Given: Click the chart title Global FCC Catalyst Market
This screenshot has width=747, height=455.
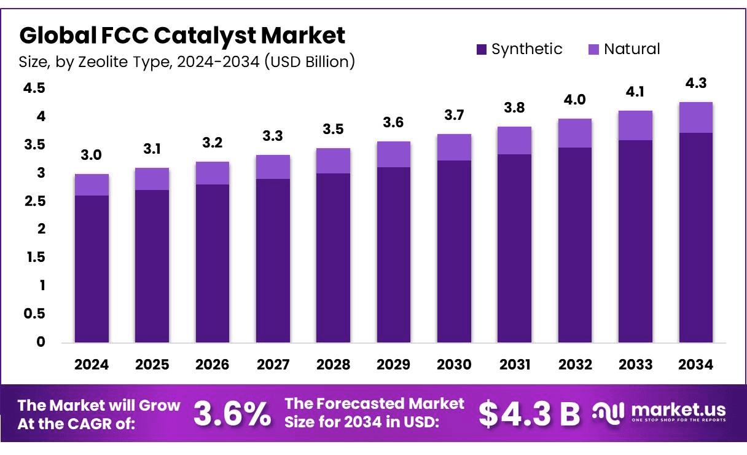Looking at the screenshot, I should (x=182, y=36).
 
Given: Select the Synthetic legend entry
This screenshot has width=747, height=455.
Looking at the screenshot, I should (x=519, y=49).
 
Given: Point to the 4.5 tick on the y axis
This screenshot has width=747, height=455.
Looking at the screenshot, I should (x=34, y=89).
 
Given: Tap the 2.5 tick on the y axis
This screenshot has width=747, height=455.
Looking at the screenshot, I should (x=34, y=201).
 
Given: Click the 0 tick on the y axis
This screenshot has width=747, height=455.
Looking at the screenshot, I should (x=41, y=342).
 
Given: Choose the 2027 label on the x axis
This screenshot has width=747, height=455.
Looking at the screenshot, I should (x=273, y=365).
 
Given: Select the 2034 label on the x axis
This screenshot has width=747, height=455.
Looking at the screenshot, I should (x=696, y=365).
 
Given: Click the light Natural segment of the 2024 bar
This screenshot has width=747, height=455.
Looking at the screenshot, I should (x=92, y=184).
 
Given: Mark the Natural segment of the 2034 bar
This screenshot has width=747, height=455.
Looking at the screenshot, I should (x=696, y=117).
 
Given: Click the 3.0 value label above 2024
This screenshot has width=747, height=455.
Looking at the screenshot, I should (x=92, y=156).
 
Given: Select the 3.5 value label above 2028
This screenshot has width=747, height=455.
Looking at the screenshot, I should (x=333, y=130).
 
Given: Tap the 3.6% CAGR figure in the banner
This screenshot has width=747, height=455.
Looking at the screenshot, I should (x=232, y=414).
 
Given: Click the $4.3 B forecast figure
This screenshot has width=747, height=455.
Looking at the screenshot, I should (x=529, y=414).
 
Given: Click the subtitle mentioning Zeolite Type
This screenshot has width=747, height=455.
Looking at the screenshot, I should (x=187, y=61).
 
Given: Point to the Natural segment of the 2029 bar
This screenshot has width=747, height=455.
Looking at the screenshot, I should (x=394, y=154).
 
